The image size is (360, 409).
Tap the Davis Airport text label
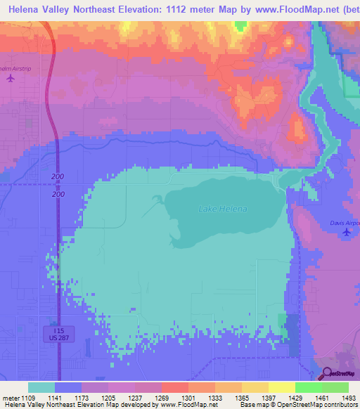click(345, 223)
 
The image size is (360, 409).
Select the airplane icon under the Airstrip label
click(10, 78)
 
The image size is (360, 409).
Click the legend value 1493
click(349, 398)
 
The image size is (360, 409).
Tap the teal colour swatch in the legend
click(41, 387)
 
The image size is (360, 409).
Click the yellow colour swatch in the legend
click(281, 387)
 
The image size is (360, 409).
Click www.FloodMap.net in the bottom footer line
click(179, 405)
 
